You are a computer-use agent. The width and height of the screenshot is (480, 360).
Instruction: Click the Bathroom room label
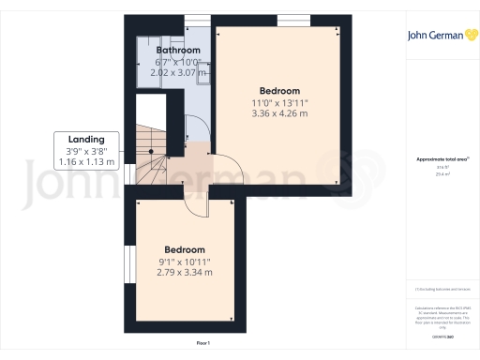pos(178,50)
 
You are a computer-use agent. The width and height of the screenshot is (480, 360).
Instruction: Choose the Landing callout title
pos(85,140)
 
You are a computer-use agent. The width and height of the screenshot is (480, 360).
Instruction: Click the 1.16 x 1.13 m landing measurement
pos(85,162)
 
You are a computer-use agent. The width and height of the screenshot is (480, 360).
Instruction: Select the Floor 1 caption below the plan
pos(203,344)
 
